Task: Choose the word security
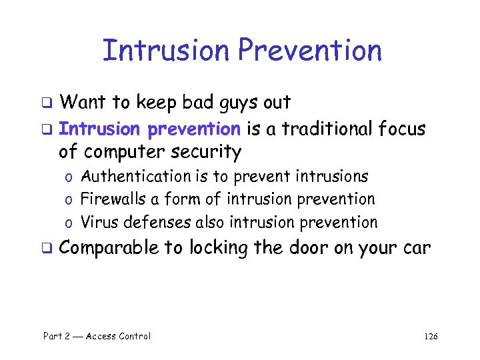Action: pos(206,152)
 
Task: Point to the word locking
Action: pos(218,249)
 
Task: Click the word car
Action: pos(417,249)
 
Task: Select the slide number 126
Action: pos(430,336)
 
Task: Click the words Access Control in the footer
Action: pos(119,336)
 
